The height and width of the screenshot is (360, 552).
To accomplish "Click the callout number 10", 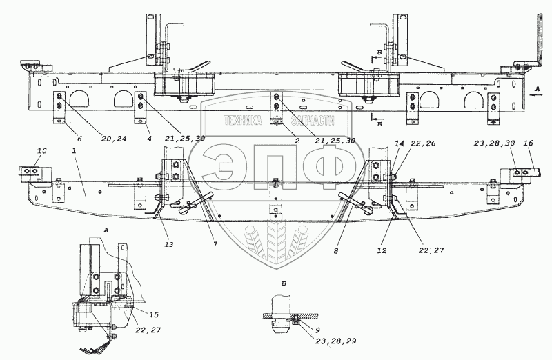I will click(x=41, y=150).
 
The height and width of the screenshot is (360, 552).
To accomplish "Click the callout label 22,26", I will click(x=422, y=143).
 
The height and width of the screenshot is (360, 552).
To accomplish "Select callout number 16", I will click(x=529, y=143).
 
